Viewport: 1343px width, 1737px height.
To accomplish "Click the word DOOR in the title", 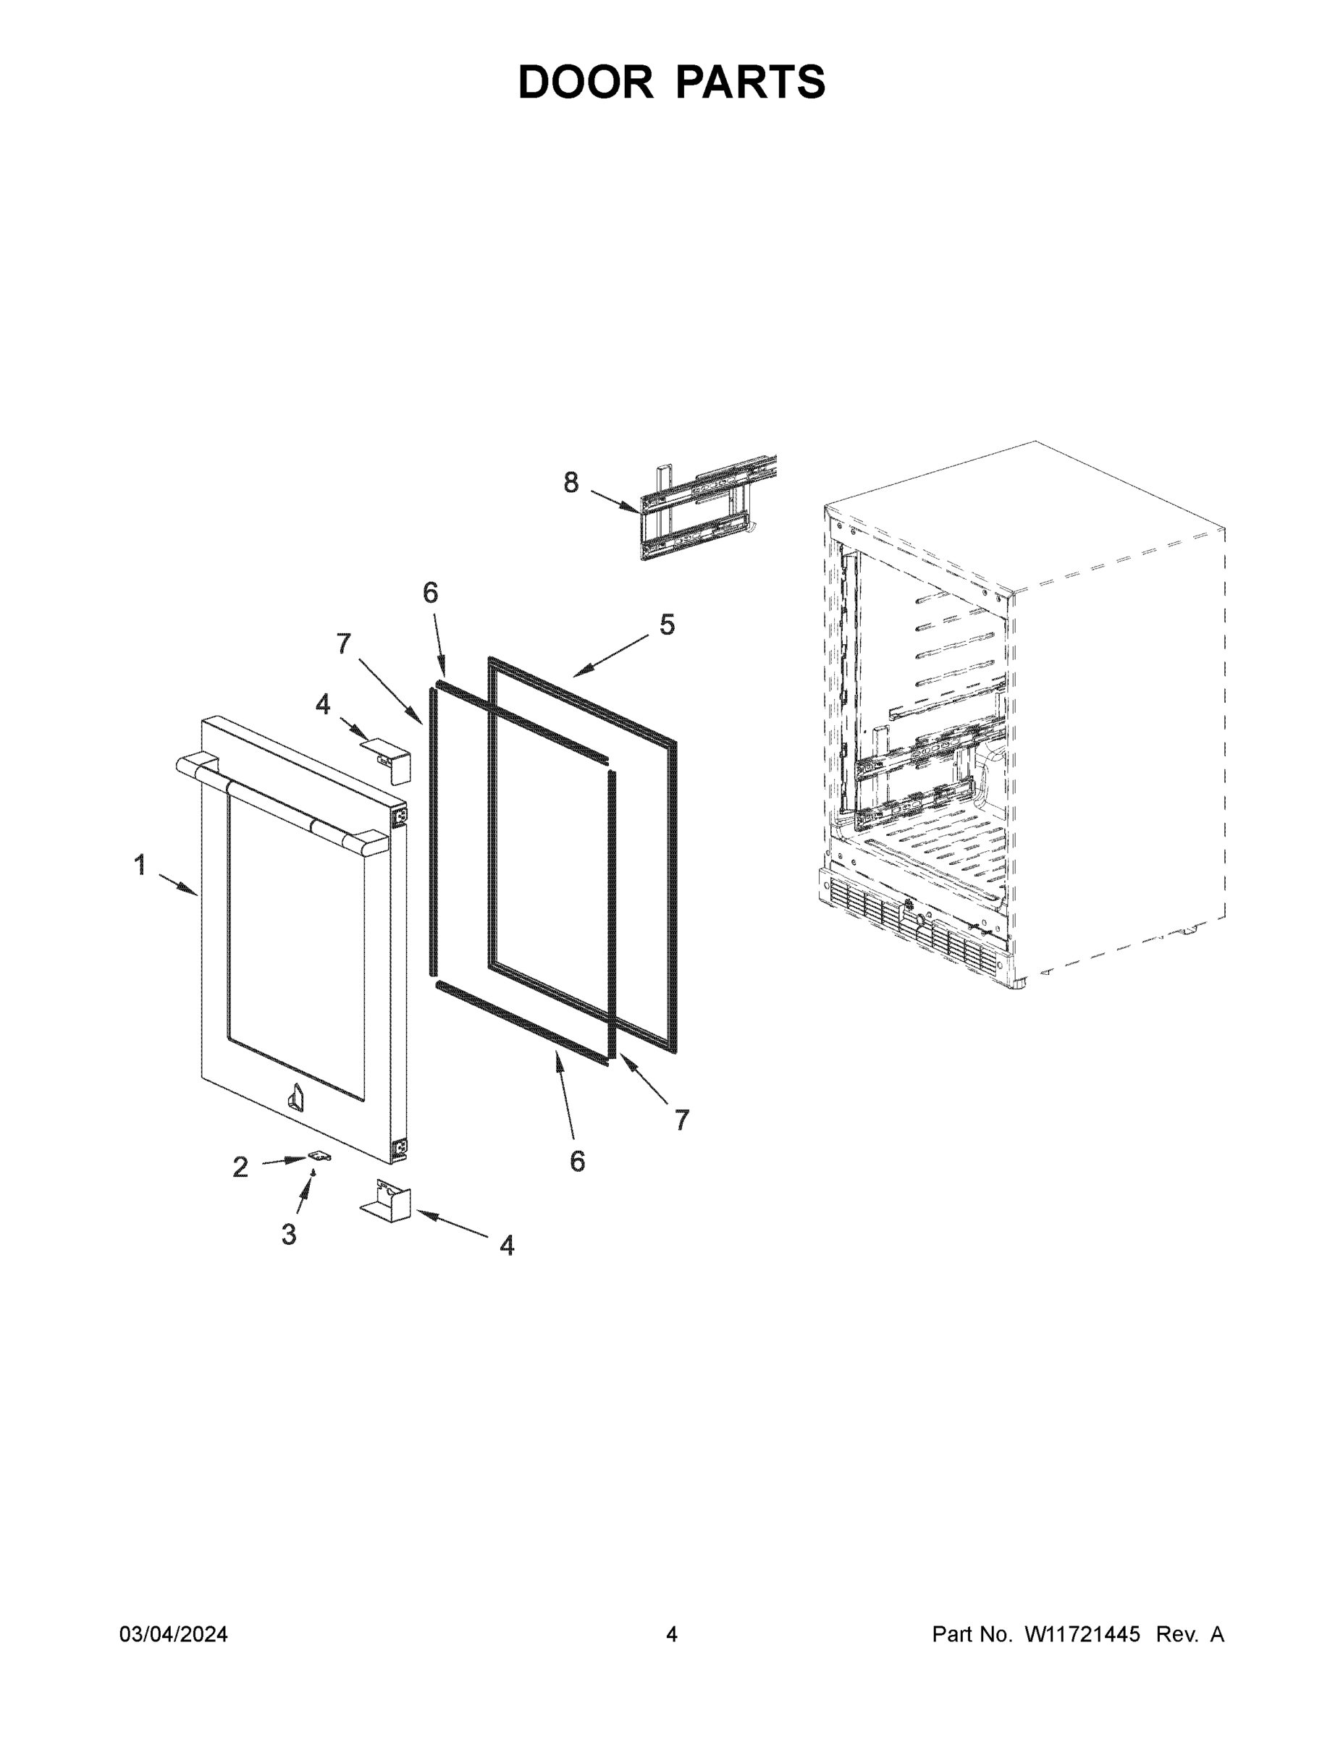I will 586,83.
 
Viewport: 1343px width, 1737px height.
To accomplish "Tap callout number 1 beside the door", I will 140,865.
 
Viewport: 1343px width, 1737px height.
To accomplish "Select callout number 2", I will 240,1167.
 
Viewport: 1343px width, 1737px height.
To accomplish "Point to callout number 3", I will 289,1233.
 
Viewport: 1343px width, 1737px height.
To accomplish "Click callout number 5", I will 667,625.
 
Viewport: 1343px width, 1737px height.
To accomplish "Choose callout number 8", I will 571,482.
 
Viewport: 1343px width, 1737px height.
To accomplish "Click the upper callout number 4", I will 322,704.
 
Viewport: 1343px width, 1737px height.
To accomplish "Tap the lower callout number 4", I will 507,1245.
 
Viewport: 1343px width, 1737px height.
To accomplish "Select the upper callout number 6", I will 431,593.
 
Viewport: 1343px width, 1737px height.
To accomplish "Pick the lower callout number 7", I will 682,1120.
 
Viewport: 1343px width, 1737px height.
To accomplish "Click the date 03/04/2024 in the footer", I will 174,1634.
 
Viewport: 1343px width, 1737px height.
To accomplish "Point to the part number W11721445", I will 1082,1634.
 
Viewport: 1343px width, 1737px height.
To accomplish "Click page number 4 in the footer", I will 672,1634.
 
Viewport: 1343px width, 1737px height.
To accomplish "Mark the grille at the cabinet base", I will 915,923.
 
